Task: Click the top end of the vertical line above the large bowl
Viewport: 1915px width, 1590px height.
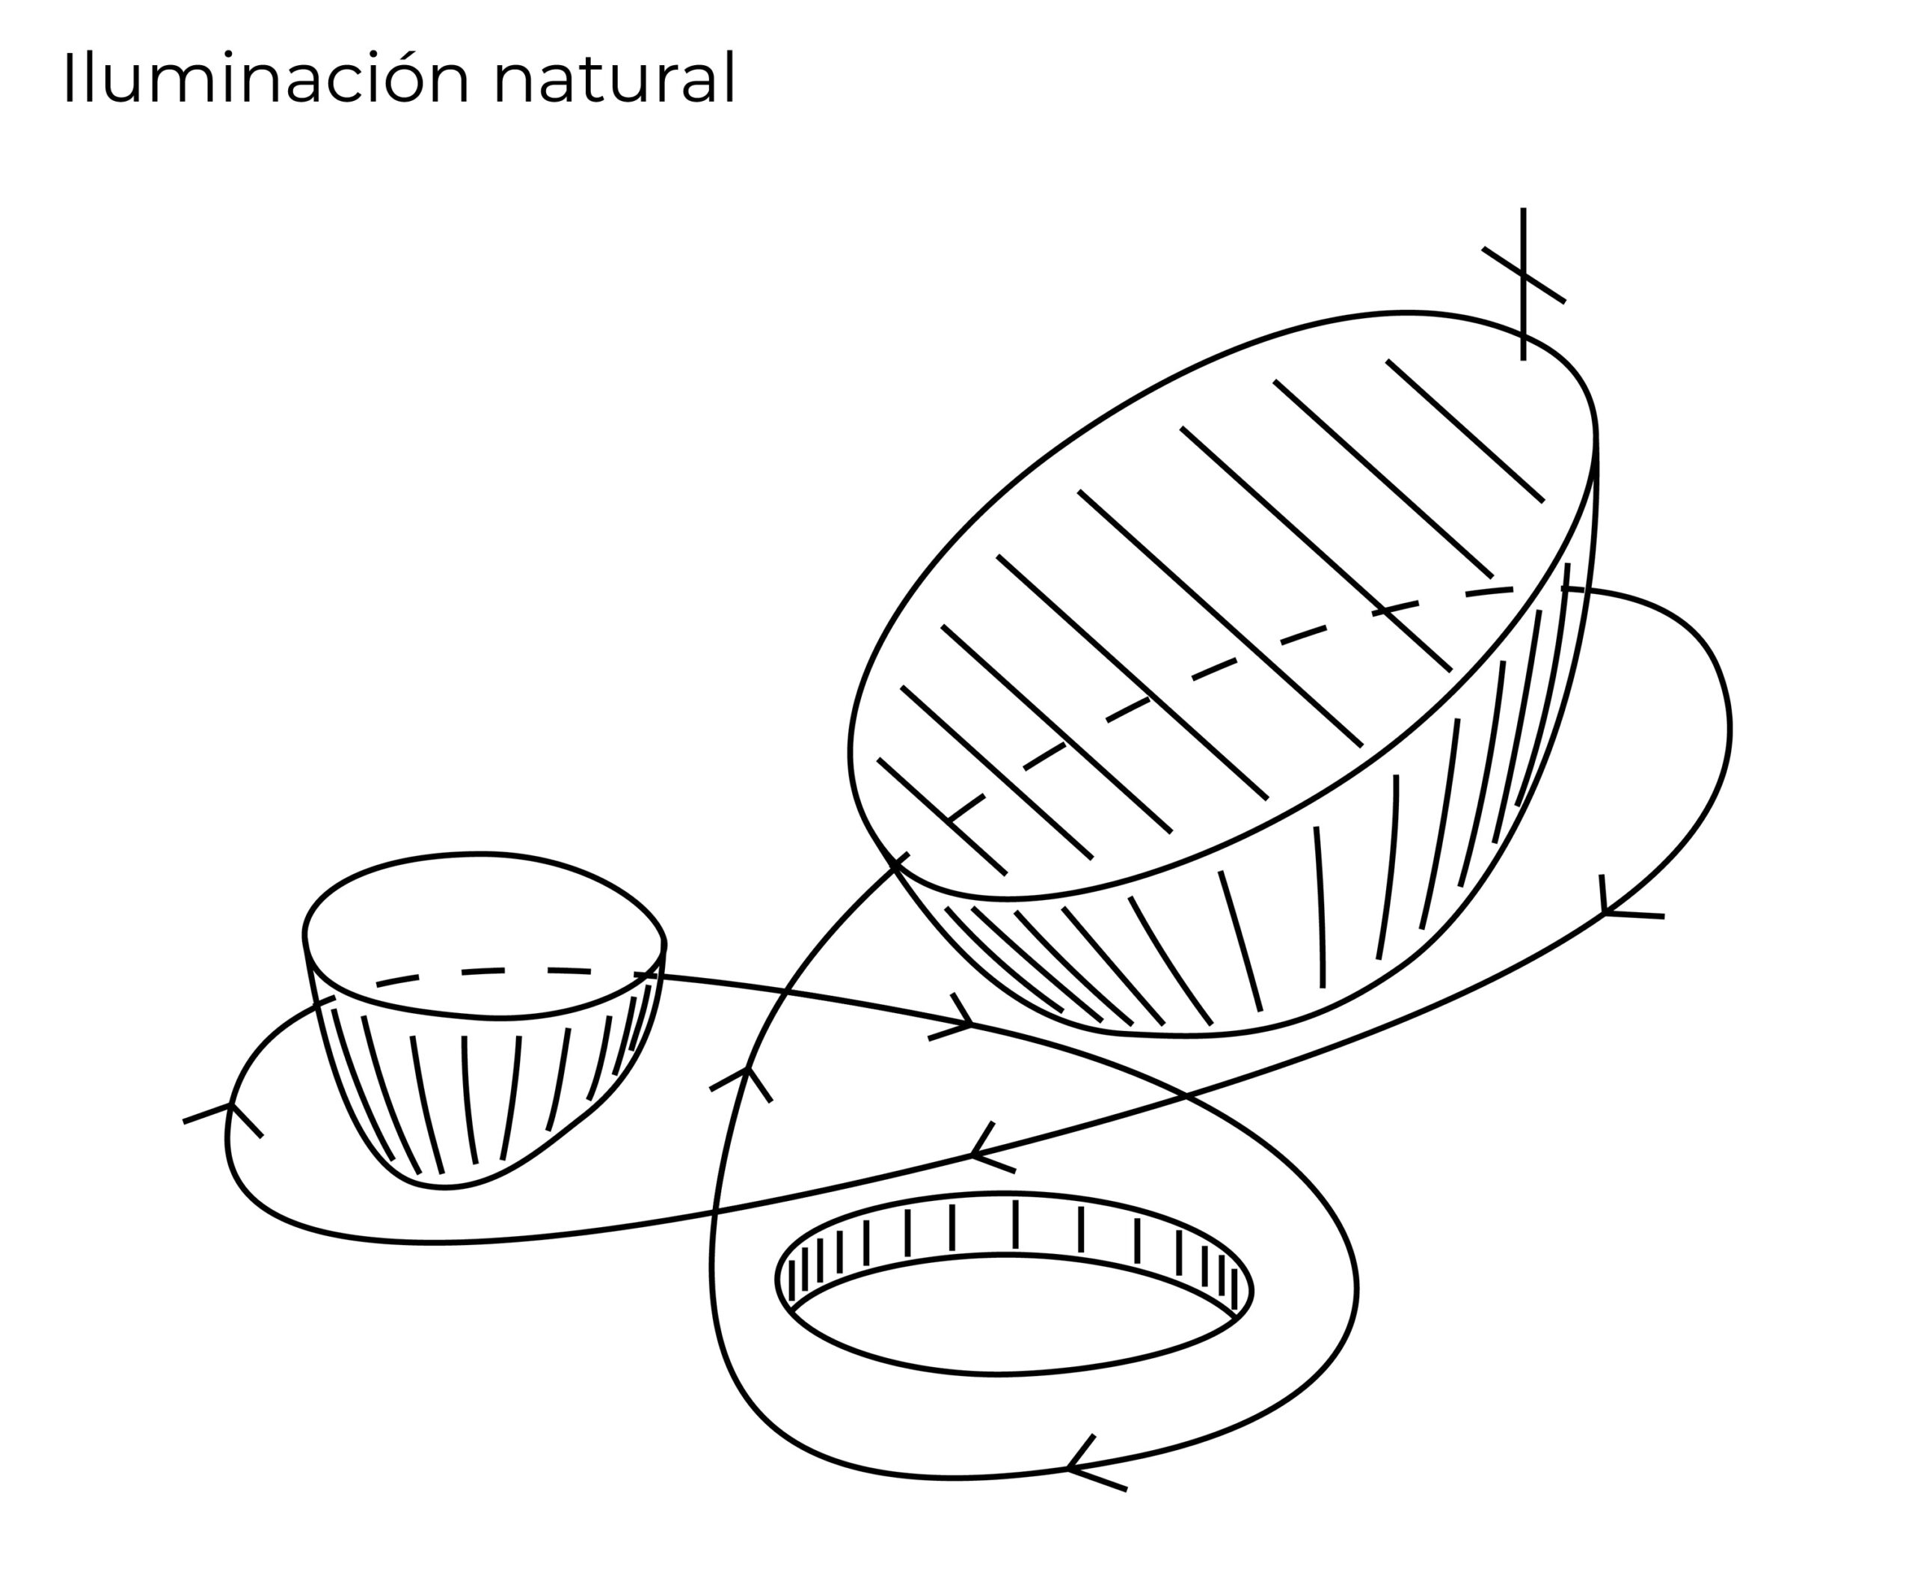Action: click(x=1523, y=209)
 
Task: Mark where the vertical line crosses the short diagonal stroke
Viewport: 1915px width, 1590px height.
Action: click(x=1523, y=274)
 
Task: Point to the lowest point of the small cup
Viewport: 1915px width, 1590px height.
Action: click(x=444, y=1187)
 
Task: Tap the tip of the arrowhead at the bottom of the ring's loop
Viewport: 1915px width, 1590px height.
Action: click(x=1068, y=1469)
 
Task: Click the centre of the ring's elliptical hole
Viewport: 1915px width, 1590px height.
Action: click(x=1012, y=1314)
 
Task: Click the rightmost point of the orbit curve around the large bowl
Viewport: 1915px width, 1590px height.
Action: click(x=1730, y=730)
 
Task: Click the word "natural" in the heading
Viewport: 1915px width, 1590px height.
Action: click(x=613, y=78)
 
